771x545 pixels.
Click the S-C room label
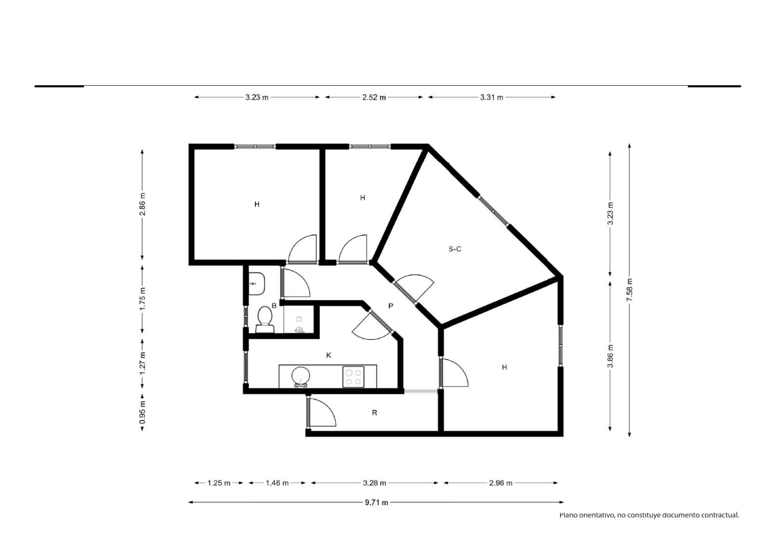point(454,249)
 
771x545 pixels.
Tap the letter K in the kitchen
point(328,355)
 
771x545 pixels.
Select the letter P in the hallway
point(390,306)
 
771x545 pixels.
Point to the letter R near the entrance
point(374,412)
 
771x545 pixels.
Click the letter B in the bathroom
point(274,306)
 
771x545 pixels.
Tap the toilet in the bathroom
point(265,320)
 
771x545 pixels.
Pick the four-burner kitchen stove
point(353,377)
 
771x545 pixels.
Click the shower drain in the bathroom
point(299,330)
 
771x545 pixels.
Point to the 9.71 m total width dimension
point(376,502)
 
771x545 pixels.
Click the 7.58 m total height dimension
point(629,290)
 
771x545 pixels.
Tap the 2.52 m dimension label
point(374,97)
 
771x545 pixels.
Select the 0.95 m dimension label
point(143,412)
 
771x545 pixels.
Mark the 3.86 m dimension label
point(610,356)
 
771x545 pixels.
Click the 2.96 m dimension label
point(501,483)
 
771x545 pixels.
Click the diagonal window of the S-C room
point(493,211)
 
